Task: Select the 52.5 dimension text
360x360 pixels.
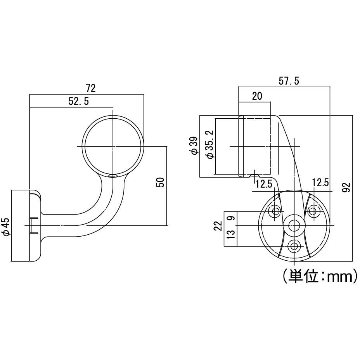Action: point(79,101)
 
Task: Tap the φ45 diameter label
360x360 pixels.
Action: point(5,227)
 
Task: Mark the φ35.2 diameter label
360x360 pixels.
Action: point(209,144)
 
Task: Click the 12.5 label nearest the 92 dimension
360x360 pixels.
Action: point(320,183)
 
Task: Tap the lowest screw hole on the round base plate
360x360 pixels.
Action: point(294,246)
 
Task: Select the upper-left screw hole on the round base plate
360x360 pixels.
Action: point(276,211)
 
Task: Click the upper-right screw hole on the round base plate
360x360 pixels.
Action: point(312,211)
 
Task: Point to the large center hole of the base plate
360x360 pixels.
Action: point(294,226)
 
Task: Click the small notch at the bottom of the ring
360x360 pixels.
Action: point(113,176)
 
